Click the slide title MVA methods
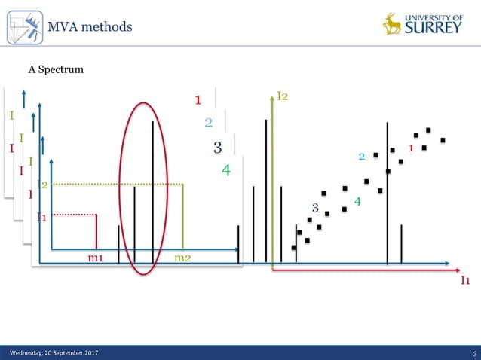[x=90, y=28]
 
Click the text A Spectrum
[x=56, y=70]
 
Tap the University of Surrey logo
[x=423, y=24]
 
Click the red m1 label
[x=96, y=258]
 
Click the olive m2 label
[x=182, y=258]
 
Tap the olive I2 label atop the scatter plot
[x=283, y=96]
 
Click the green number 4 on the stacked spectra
[x=225, y=171]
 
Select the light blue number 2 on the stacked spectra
[x=208, y=123]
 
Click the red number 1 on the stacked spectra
[x=198, y=99]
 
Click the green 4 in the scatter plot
[x=357, y=202]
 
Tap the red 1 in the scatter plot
[x=411, y=148]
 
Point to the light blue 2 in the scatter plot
[x=362, y=157]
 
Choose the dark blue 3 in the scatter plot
[x=315, y=207]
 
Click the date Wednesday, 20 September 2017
[x=52, y=353]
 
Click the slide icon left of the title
[x=23, y=27]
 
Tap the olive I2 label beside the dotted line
[x=43, y=185]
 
